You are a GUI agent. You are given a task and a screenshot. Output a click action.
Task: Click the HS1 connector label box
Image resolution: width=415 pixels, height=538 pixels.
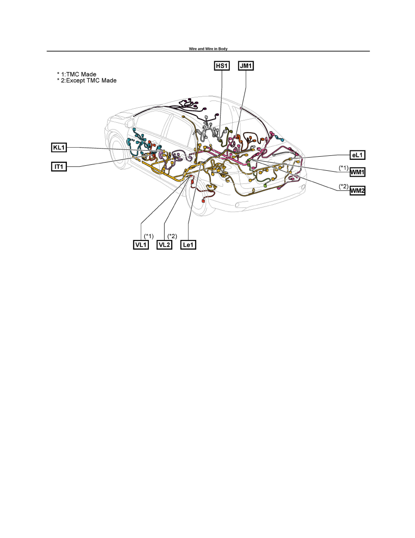coord(222,66)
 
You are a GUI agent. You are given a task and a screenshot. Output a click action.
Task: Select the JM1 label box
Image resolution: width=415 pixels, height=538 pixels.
coord(246,66)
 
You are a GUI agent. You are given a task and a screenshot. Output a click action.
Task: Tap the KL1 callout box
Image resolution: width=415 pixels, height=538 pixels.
coord(59,148)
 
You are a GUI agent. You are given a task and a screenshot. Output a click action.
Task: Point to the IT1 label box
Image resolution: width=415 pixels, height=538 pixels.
coord(59,167)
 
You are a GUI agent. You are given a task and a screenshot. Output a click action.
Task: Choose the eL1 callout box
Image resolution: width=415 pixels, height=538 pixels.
coord(357,155)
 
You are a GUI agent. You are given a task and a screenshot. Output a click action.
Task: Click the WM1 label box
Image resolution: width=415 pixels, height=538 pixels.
coord(357,172)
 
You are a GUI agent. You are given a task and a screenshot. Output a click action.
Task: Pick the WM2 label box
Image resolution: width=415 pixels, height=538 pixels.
coord(357,190)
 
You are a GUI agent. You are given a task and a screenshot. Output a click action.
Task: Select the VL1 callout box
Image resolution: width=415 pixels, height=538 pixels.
coord(141,245)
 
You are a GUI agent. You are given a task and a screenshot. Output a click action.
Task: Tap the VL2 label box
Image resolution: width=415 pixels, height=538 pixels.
coord(165,245)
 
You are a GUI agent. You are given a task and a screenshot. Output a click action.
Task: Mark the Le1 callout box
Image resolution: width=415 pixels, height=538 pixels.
coord(189,245)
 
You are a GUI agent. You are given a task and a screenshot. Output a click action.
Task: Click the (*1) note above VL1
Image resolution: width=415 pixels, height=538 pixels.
coord(149,236)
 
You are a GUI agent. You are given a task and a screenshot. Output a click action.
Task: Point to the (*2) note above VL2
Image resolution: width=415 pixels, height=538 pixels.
coord(172,236)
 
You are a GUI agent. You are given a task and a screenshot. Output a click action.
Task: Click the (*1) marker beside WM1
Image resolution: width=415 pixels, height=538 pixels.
coord(344,168)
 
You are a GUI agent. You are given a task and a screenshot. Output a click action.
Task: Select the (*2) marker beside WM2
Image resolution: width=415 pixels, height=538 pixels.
coord(344,186)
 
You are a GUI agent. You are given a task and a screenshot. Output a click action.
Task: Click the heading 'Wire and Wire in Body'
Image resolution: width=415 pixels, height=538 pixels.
coord(208,49)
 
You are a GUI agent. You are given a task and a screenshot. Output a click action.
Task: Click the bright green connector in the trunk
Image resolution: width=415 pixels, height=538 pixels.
coord(264,185)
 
